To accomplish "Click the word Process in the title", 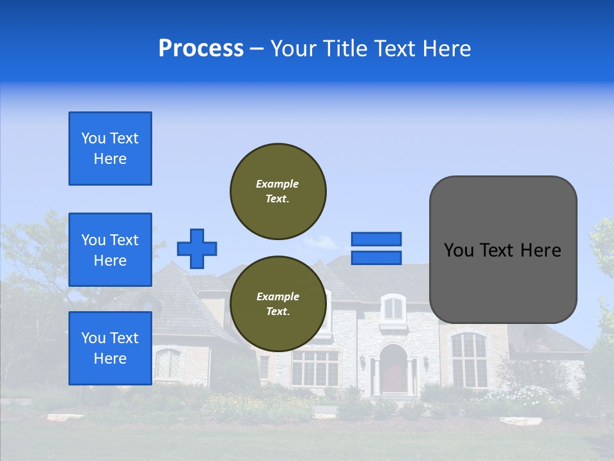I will click(x=201, y=49).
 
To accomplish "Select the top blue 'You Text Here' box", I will click(x=110, y=149).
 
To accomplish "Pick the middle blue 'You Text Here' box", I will click(x=110, y=250).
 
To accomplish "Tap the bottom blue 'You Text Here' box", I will click(x=110, y=348).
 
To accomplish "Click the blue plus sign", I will click(x=197, y=248).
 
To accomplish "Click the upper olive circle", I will click(x=278, y=191).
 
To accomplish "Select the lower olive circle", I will click(x=278, y=304).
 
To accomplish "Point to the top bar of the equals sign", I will click(x=376, y=239).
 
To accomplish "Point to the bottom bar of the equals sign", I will click(x=376, y=257).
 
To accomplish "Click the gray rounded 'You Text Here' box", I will click(x=503, y=250).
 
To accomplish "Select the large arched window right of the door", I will click(x=469, y=360).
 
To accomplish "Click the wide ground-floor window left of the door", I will click(x=315, y=368).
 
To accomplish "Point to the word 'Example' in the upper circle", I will click(x=278, y=184).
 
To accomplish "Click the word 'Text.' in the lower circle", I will click(x=278, y=312).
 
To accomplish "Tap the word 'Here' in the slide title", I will click(x=448, y=49).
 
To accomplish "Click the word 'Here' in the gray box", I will click(x=540, y=250).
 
